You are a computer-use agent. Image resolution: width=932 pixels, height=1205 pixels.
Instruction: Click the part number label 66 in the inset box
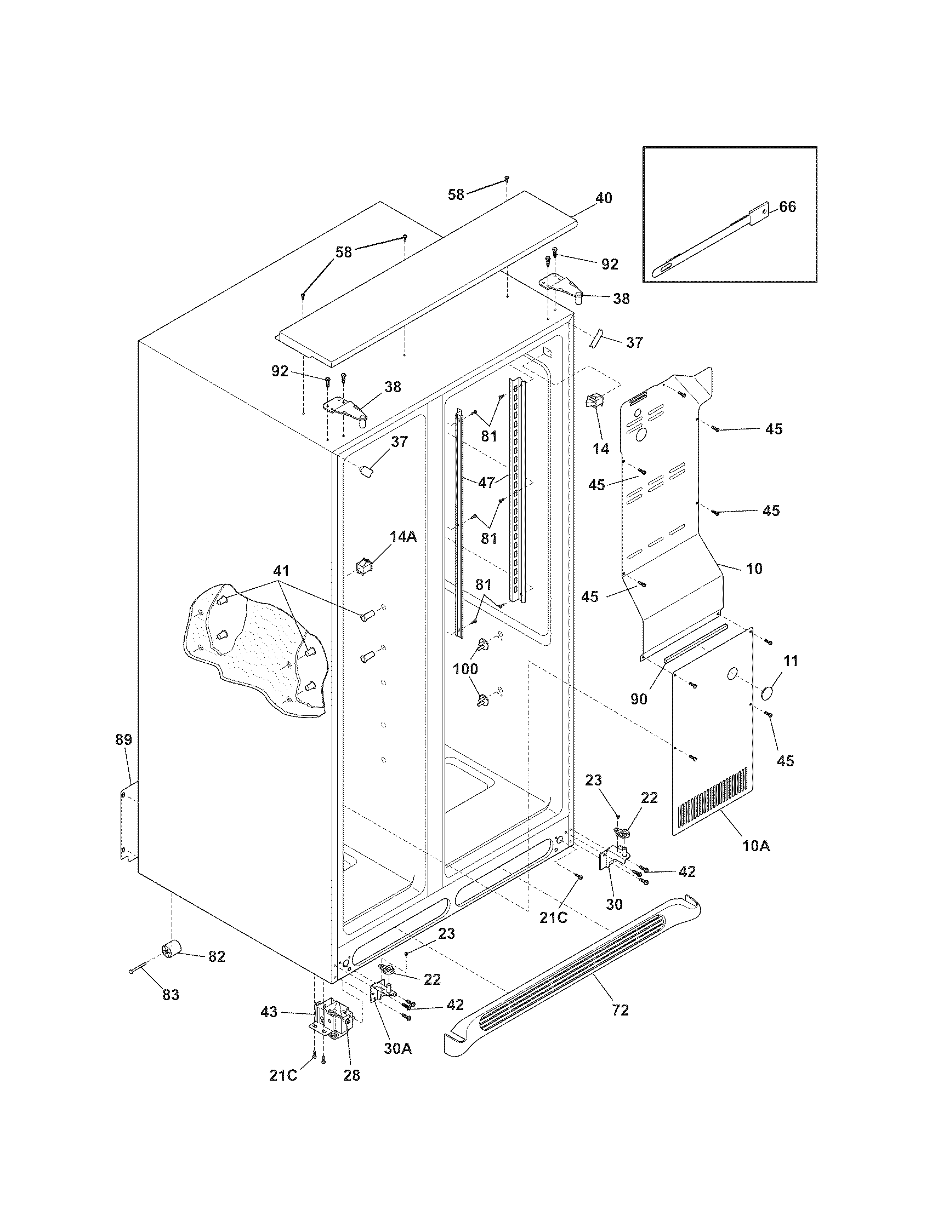coord(787,207)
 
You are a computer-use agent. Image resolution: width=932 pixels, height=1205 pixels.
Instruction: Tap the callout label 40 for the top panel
coord(604,198)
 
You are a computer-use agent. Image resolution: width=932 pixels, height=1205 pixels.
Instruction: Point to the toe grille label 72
coord(620,1010)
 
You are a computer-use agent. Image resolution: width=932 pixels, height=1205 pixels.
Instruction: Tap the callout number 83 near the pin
coord(171,995)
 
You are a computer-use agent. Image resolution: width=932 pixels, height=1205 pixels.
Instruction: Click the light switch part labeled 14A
coord(365,566)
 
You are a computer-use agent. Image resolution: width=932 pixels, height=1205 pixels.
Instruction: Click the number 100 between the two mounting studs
coord(465,669)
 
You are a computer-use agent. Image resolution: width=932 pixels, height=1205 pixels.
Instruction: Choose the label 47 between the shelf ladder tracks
coord(486,483)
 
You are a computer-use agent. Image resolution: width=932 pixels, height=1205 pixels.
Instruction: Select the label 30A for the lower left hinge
coord(398,1048)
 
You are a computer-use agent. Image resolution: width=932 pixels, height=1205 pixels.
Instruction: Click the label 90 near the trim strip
coord(639,699)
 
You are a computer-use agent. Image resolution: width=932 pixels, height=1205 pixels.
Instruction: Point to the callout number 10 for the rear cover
coord(754,569)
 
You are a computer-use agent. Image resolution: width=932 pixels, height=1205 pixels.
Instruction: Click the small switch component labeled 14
coord(594,401)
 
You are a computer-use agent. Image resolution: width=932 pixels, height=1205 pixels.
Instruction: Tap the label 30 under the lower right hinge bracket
coord(615,904)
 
